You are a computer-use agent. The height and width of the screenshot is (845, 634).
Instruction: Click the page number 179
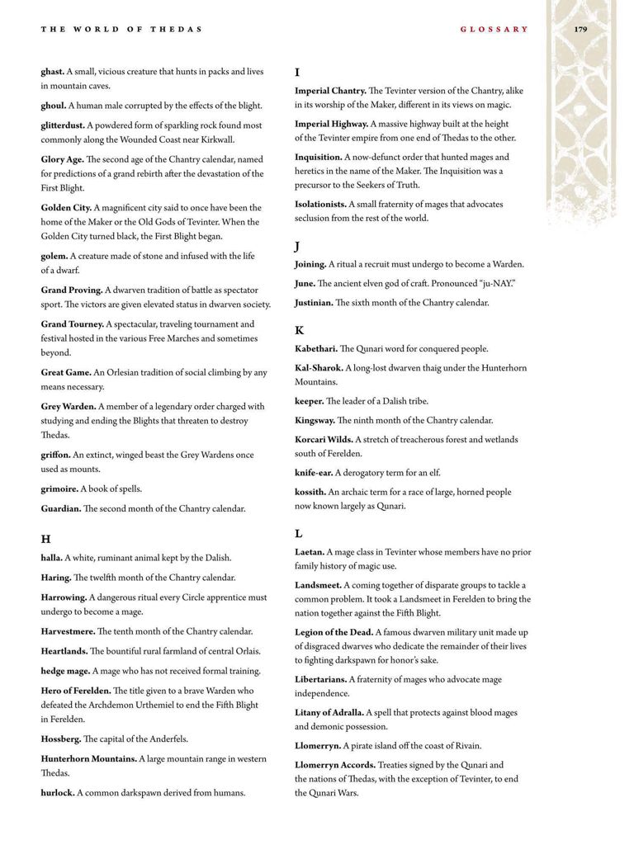click(580, 29)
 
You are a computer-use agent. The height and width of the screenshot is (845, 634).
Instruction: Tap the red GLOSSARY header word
click(494, 29)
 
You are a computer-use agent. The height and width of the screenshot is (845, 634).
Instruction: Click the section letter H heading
click(46, 539)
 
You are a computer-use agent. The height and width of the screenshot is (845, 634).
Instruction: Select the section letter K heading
click(300, 330)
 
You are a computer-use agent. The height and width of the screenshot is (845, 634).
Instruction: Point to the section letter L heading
click(300, 533)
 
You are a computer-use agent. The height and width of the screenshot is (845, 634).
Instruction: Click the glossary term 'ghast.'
click(52, 72)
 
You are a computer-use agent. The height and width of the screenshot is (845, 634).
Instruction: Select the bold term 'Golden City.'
click(66, 208)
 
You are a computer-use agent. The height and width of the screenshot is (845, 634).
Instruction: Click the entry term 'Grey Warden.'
click(69, 407)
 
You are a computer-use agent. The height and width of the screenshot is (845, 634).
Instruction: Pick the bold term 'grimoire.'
click(59, 489)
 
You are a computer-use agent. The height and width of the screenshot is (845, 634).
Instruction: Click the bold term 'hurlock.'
click(58, 793)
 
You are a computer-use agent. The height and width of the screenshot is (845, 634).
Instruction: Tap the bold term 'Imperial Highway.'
click(331, 124)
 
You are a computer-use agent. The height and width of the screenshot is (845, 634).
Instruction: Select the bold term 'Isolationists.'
click(320, 204)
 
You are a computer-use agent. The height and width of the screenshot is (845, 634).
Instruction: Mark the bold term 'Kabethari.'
click(316, 349)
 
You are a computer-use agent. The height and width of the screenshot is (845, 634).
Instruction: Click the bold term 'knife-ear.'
click(314, 473)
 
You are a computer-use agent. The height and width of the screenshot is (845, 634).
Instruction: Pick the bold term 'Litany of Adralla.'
click(329, 712)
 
